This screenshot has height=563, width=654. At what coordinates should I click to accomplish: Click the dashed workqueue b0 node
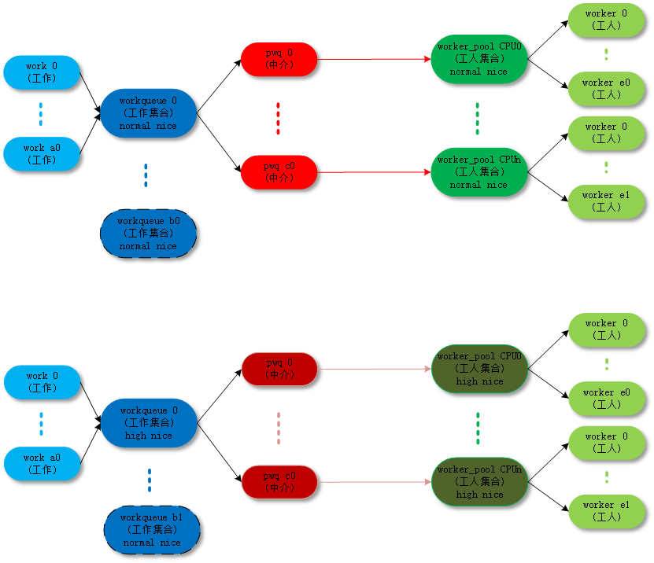147,233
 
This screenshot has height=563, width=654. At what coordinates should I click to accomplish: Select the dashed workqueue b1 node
151,530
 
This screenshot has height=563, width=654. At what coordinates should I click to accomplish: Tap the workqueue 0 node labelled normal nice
147,113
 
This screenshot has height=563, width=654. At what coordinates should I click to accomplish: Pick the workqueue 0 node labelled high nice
148,423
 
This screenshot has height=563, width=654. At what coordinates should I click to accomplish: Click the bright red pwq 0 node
279,59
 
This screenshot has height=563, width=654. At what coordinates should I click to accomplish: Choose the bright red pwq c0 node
279,172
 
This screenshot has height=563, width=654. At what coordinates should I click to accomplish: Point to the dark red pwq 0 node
279,369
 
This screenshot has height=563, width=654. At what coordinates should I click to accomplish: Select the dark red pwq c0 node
279,482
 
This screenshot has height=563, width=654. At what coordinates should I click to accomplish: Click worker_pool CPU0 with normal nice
478,59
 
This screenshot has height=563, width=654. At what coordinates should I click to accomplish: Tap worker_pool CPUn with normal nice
478,172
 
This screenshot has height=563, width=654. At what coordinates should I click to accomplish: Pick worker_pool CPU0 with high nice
478,369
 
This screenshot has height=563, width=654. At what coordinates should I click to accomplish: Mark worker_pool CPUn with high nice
478,482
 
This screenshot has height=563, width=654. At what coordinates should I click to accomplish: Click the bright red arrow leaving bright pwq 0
374,59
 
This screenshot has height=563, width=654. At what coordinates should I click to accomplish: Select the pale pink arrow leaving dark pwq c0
374,482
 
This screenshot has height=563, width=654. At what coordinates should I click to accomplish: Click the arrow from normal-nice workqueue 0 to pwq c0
218,143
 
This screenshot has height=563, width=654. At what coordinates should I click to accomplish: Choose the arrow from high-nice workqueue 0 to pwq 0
220,396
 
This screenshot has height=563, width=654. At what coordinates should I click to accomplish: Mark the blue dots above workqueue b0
146,175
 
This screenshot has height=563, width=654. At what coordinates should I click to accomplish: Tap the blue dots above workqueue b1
149,480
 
